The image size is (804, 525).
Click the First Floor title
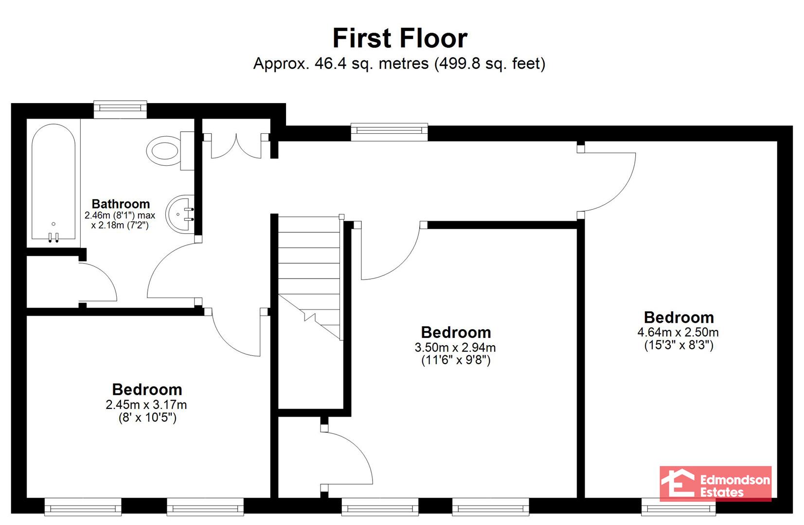pyautogui.click(x=400, y=38)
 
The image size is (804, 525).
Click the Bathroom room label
pyautogui.click(x=121, y=204)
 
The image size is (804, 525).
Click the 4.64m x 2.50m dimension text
pyautogui.click(x=678, y=332)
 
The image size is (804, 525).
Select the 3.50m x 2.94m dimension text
pyautogui.click(x=455, y=347)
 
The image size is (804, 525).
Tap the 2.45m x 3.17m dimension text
pyautogui.click(x=146, y=404)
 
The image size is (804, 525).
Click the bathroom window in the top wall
pyautogui.click(x=120, y=109)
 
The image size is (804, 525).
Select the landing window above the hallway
pyautogui.click(x=390, y=132)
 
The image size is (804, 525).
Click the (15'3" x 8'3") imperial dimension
pyautogui.click(x=679, y=345)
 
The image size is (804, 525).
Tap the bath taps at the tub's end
pyautogui.click(x=54, y=237)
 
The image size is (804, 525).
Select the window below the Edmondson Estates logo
pyautogui.click(x=679, y=507)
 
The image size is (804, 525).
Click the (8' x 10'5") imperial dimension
pyautogui.click(x=147, y=418)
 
